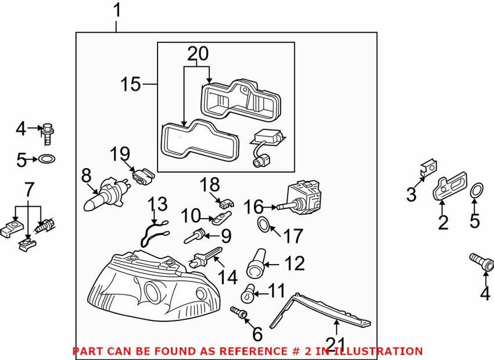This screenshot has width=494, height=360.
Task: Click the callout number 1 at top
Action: pyautogui.click(x=117, y=10)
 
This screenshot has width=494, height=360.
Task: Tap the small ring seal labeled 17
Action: pyautogui.click(x=263, y=224)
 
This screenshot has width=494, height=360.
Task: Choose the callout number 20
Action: pyautogui.click(x=197, y=54)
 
